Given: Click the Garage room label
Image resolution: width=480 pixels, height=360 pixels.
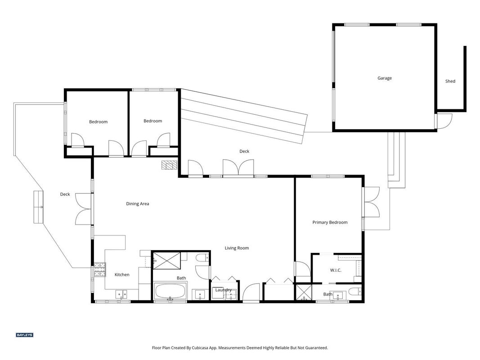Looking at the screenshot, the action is pos(385,78).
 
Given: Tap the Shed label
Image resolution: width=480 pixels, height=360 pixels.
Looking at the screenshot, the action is pos(450,81).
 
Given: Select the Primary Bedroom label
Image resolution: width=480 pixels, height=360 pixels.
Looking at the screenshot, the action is pos(330,222).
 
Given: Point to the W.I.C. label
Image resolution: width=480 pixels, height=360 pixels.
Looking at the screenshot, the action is pos(336,270).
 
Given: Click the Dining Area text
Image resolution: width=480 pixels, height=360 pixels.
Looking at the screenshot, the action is pos(138,203).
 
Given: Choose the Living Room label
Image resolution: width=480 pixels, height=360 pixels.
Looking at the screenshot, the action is pos(237,248).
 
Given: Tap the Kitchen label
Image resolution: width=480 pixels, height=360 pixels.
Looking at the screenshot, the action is pos(122,274).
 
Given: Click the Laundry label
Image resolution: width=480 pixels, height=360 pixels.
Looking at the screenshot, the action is pos(223,290).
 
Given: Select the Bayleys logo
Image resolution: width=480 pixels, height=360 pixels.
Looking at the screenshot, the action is pos(24,335).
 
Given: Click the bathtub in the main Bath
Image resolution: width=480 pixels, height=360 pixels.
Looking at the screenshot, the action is pos(170,291).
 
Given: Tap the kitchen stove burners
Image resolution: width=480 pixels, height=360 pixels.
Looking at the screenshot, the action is pos(100,270).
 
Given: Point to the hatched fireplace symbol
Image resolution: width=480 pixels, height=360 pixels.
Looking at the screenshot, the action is pos(169,165).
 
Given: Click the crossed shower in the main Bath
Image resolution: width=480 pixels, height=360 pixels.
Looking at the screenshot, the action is pos(166,261).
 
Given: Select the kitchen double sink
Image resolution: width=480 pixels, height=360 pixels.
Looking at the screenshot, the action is pos(121,294).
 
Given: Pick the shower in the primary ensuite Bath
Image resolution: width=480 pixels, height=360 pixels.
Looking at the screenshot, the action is pos(303,292).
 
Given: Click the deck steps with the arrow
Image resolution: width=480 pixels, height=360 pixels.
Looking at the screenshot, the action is pos(38,207).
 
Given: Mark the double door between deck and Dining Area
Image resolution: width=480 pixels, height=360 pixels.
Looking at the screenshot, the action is pos(84,209).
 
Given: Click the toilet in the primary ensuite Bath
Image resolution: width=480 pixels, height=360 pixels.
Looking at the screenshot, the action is pos(355,291).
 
